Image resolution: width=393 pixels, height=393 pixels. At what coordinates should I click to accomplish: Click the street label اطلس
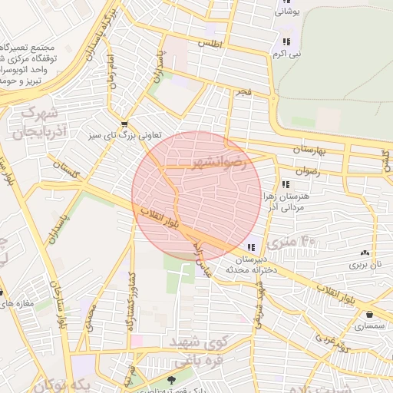pos(210,45)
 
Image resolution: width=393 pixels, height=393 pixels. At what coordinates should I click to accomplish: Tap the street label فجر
pos(243,92)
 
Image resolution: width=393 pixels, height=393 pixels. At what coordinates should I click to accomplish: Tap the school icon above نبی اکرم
pos(286,41)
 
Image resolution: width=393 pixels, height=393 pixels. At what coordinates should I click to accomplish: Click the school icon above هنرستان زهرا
pos(286,184)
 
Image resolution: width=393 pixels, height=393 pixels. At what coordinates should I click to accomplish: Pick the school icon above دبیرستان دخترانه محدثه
pos(251,247)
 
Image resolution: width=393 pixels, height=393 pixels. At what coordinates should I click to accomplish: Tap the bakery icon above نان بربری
pos(365,253)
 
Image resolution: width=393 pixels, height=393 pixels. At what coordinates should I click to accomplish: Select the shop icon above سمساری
pos(371,314)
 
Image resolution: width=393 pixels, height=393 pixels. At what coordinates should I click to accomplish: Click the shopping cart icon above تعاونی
pos(124,124)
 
